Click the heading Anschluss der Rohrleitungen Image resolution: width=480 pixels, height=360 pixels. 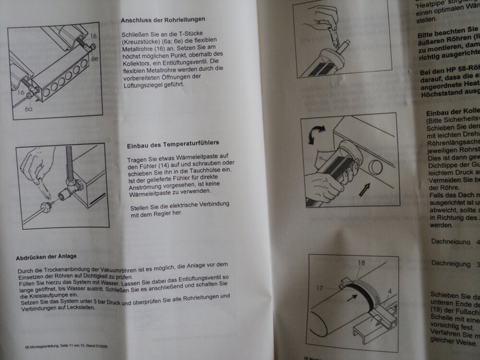(x=163, y=20)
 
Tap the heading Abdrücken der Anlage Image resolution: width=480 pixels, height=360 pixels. (x=46, y=256)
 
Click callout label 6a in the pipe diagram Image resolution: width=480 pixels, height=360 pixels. (x=29, y=109)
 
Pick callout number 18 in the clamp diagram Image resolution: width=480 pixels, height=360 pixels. (x=360, y=263)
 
